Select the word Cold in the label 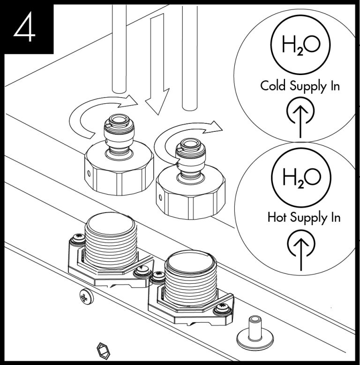pyautogui.click(x=272, y=86)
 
